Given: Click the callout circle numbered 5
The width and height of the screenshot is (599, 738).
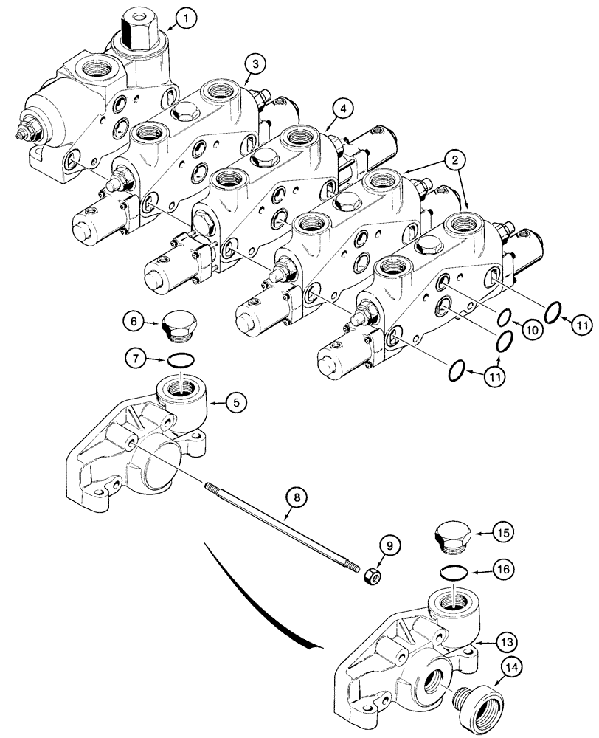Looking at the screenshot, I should pos(236,402).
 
